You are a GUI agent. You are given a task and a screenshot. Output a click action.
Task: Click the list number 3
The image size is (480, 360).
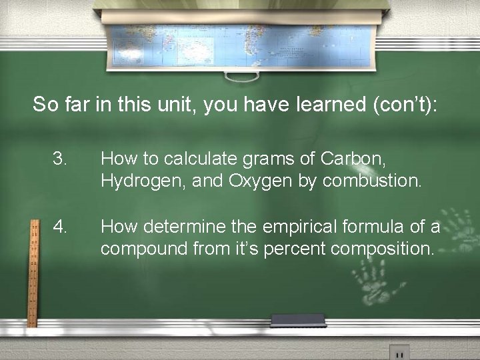[x=61, y=159]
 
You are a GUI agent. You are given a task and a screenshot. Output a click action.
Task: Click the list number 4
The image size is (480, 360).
[x=61, y=227]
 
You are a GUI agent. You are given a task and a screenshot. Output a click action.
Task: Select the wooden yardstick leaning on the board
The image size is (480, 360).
[x=31, y=273]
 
